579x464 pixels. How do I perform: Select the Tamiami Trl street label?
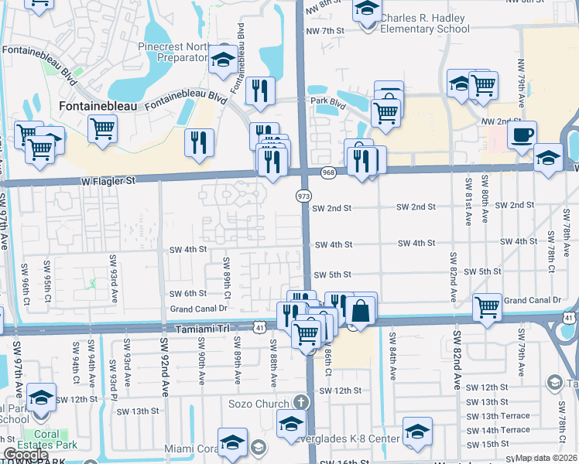pos(205,328)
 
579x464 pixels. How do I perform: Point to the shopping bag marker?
pos(361,311)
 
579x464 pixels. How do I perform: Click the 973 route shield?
pos(303,197)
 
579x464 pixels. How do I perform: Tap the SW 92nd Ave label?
pos(164,364)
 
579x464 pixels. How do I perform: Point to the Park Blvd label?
pos(327,101)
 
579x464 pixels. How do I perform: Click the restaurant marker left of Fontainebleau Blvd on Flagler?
pos(199,142)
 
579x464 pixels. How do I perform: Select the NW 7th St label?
pos(324,31)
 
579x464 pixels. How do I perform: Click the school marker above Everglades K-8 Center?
pos(416,431)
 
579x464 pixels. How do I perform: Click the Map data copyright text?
pos(546,458)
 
